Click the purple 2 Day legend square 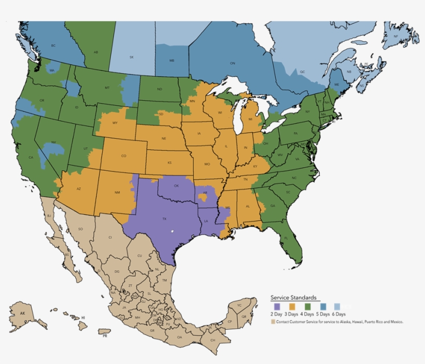click(277, 307)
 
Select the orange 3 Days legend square click(292, 307)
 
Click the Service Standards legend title click(293, 298)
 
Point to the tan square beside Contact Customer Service click(273, 322)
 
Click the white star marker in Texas click(172, 231)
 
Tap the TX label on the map click(164, 219)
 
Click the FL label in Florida click(286, 238)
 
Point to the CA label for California click(31, 158)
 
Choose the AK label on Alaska click(22, 314)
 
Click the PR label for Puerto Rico click(105, 337)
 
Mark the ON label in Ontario click(232, 63)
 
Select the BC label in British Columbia click(53, 46)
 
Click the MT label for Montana click(107, 88)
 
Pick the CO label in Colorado click(123, 156)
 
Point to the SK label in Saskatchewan click(131, 57)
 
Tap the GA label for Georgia click(273, 205)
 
